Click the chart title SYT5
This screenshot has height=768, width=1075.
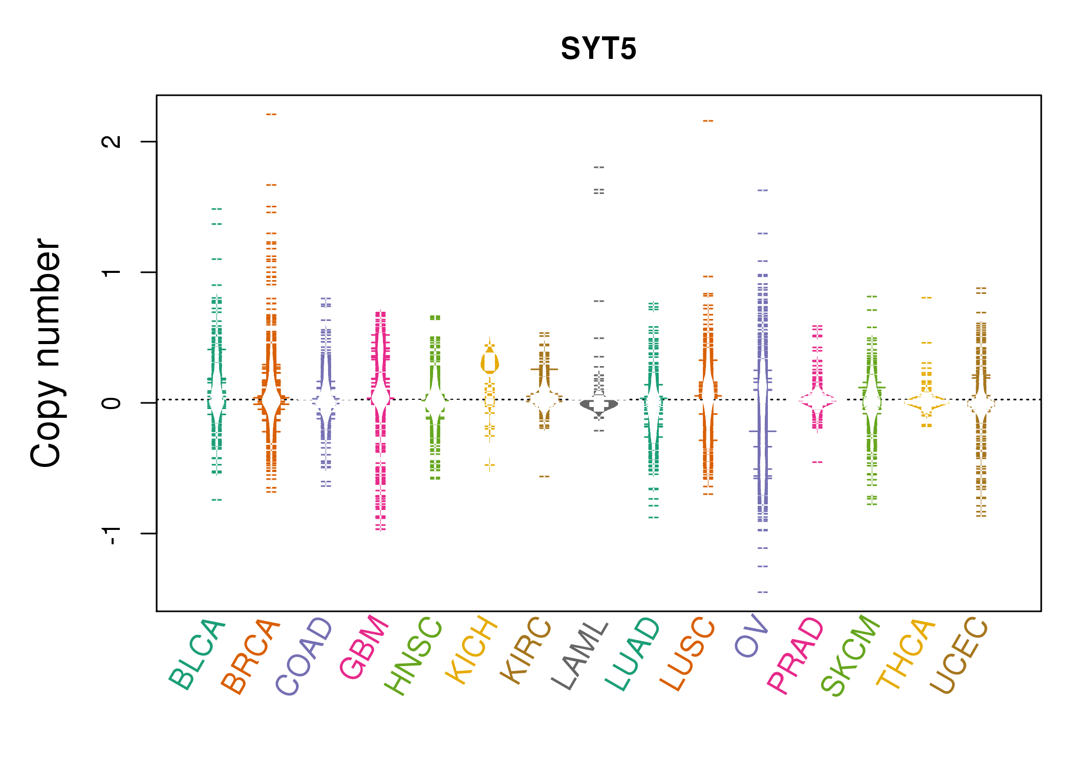coord(598,49)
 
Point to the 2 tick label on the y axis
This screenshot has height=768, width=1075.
coord(112,141)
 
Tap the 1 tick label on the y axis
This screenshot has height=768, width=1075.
coord(112,272)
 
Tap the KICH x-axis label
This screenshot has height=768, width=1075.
coord(471,650)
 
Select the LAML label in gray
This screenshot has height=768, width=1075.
coord(580,655)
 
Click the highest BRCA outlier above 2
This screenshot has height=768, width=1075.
coord(271,114)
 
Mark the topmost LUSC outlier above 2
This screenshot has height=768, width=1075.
coord(708,121)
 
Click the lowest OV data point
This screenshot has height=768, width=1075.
coord(763,592)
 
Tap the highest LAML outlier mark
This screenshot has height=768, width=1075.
coord(599,167)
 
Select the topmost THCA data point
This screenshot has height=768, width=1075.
coord(927,297)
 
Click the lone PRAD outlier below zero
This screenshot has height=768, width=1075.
coord(818,462)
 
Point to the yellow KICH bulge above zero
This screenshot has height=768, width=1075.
coord(490,363)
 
